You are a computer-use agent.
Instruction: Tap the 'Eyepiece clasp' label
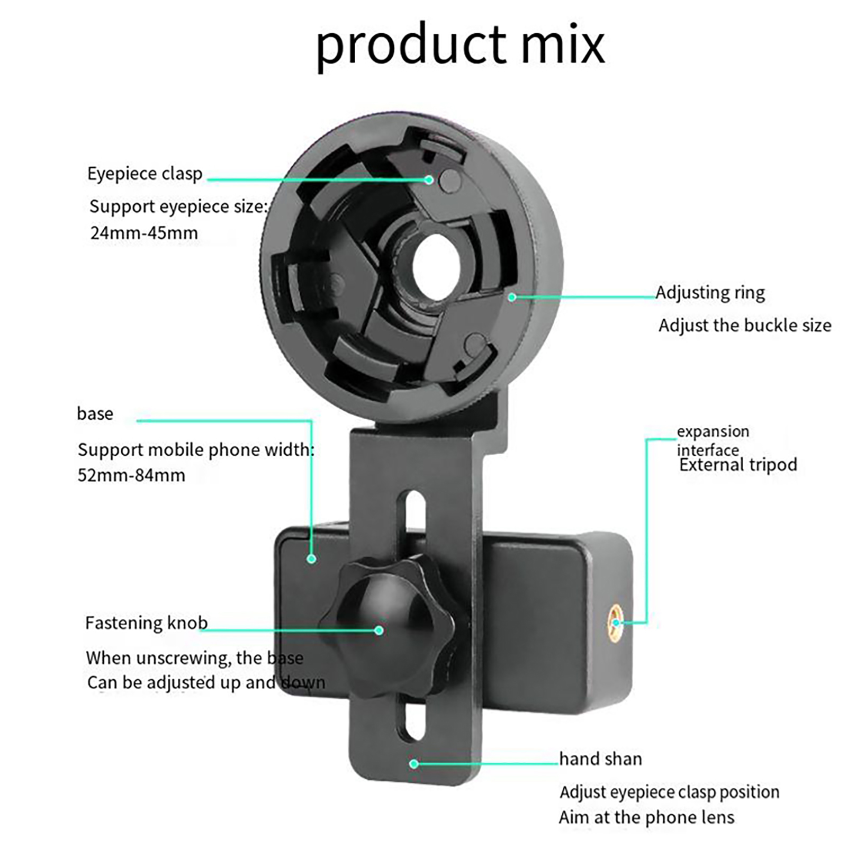click(x=145, y=174)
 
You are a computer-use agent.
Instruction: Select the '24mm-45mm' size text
click(x=144, y=233)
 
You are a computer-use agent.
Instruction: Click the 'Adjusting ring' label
click(x=710, y=293)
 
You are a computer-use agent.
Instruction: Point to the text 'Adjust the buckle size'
click(x=745, y=325)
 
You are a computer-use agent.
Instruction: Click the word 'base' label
click(x=95, y=413)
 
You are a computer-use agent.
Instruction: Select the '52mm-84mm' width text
click(x=131, y=475)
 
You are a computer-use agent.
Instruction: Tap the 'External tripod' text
click(x=738, y=465)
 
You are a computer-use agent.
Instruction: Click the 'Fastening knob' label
click(x=146, y=623)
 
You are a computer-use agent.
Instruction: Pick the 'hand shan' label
click(x=600, y=759)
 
